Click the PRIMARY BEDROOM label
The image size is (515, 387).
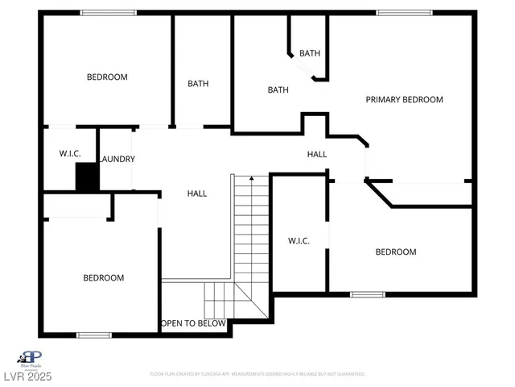pos(404,100)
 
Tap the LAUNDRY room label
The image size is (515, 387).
pos(117,159)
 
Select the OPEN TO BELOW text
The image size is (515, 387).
pos(193,323)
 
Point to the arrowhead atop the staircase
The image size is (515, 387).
pos(252,177)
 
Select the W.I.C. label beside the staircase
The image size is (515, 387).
pos(299,241)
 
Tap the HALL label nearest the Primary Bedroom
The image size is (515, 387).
pos(317,153)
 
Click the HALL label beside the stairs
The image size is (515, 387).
pos(197,193)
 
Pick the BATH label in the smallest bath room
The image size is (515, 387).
pos(310,53)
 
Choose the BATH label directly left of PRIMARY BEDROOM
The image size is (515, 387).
pos(278,90)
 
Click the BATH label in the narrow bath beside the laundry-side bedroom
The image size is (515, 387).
pos(199,83)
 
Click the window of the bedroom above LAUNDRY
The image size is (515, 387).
pos(109,12)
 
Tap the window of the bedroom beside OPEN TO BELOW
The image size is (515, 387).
pos(93,335)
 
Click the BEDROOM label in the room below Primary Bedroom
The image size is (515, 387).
pos(396,252)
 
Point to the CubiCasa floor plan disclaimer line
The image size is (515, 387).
pos(257,374)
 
